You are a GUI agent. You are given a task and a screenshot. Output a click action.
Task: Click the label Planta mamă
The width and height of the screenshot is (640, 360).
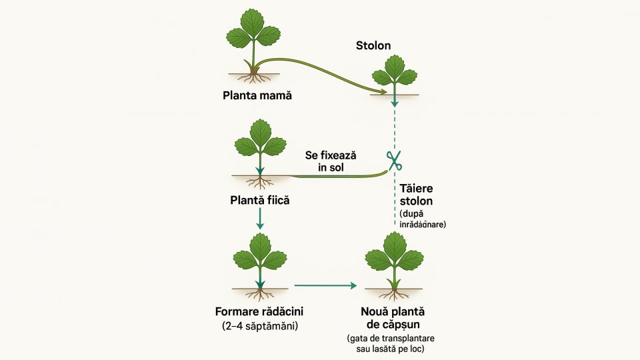click(257, 95)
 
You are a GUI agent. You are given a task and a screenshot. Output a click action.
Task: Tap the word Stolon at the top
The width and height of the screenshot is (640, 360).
click(374, 45)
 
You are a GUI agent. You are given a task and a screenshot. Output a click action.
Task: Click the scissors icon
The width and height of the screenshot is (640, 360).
click(394, 160)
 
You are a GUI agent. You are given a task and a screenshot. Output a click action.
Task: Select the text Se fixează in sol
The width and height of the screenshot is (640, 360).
click(331, 161)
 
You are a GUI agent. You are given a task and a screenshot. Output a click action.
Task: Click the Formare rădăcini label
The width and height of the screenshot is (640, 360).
click(259, 311)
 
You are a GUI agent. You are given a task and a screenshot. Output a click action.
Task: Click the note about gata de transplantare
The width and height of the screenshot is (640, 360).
click(395, 344)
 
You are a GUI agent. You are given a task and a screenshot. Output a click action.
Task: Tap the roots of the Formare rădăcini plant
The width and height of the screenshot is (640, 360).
click(260, 294)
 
